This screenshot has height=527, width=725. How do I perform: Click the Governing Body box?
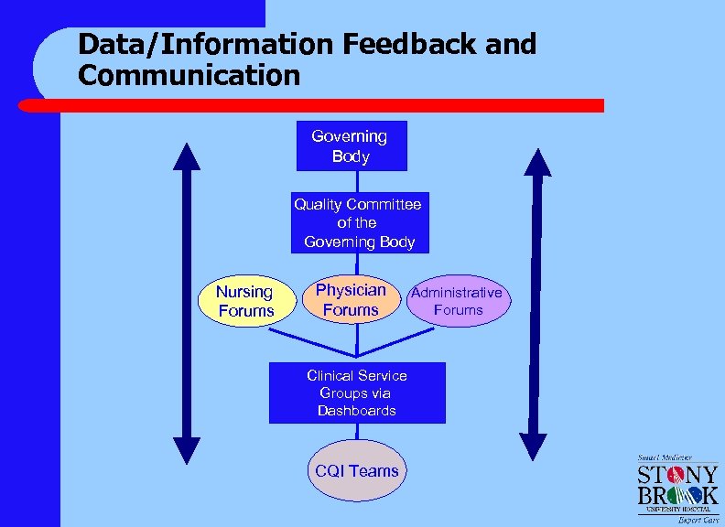[351, 146]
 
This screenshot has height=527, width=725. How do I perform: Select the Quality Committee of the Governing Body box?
[358, 222]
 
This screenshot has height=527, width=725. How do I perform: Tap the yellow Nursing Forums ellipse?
[245, 301]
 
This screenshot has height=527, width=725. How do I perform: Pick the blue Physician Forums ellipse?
[352, 300]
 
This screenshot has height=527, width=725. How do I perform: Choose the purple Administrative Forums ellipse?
[458, 301]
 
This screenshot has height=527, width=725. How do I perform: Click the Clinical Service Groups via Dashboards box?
[357, 393]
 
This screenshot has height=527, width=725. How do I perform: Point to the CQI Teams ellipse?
[357, 471]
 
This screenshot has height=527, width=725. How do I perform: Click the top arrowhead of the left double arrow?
[186, 158]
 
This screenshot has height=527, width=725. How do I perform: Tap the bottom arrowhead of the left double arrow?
[186, 449]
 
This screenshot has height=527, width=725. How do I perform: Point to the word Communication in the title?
[189, 75]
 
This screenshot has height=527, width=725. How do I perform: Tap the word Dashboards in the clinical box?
[357, 411]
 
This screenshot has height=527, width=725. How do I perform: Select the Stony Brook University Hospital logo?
[677, 489]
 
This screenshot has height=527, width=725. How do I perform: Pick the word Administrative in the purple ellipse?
[457, 293]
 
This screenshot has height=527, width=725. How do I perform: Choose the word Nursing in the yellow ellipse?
[244, 292]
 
